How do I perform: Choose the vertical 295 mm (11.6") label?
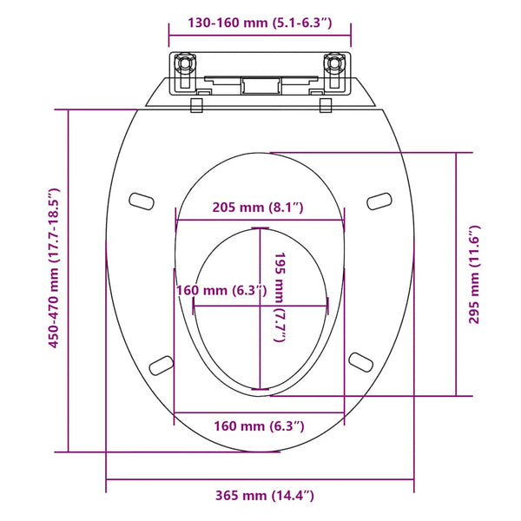pyautogui.click(x=475, y=274)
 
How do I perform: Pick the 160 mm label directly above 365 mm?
pyautogui.click(x=260, y=425)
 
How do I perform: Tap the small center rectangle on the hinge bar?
pyautogui.click(x=260, y=85)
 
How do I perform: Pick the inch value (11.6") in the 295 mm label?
pyautogui.click(x=475, y=247)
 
